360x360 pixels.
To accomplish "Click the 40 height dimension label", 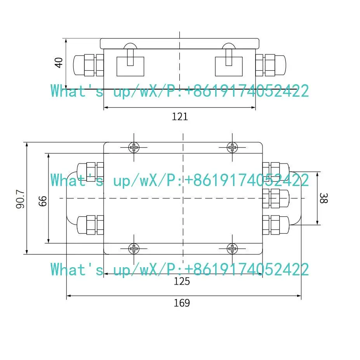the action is point(59,63).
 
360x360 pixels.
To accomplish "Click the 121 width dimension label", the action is point(180,117).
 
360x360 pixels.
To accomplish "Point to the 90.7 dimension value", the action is point(20,199).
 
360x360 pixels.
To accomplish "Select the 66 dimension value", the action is point(43,201).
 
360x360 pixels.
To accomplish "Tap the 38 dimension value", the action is point(323,198).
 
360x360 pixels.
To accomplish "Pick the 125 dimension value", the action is point(182,281).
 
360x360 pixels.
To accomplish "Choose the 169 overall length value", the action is point(182,303).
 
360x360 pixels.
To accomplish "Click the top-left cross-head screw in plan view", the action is point(134,147).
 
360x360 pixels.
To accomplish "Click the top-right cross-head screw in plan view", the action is point(232,147).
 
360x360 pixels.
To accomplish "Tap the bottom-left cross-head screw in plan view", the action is point(134,249).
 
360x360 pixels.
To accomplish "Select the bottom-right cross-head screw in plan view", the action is point(232,249).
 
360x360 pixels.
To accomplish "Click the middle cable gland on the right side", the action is point(276,198).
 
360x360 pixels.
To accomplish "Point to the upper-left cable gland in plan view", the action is point(90,172).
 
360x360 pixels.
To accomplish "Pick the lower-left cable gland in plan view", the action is point(90,225).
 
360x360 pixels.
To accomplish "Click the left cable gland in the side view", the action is point(89,65).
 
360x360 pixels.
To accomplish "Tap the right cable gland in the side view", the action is point(271,65).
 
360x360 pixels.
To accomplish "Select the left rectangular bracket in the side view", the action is point(130,66).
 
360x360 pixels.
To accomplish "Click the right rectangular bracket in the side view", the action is point(229,66).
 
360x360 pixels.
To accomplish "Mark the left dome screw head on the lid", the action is point(130,46).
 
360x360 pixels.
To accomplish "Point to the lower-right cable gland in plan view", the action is point(276,225).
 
